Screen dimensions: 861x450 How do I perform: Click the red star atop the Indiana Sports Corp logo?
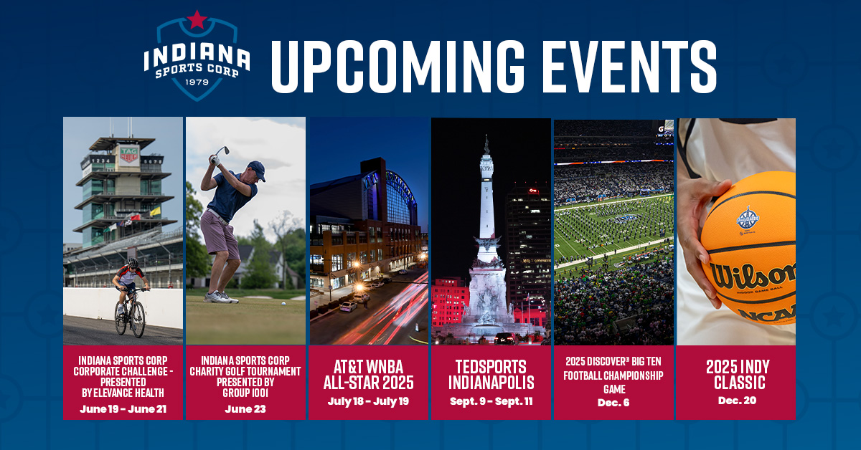click(197, 19)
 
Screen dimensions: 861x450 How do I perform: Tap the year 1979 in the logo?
click(197, 82)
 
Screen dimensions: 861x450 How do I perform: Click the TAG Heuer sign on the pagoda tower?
click(129, 155)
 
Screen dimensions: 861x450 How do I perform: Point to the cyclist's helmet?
click(133, 263)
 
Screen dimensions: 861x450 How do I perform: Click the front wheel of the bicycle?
click(138, 320)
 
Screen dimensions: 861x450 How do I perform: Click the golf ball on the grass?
click(283, 303)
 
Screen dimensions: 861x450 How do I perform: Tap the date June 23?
click(245, 409)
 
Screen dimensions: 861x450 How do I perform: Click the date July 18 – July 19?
click(368, 401)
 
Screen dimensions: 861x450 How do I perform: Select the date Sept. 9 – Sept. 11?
click(491, 401)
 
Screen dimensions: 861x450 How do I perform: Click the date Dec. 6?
click(613, 403)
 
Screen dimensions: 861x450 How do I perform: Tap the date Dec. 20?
click(737, 401)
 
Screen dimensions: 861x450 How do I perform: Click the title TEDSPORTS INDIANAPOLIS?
click(491, 375)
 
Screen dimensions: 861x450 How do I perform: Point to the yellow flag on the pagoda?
click(155, 211)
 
